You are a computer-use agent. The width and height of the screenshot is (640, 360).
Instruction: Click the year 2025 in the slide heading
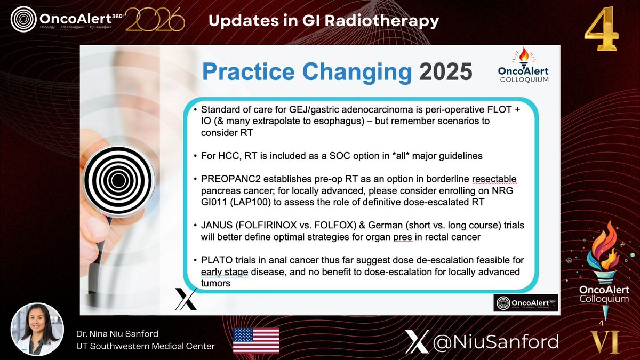point(445,71)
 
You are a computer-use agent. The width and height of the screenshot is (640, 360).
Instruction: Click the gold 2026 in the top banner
point(155,22)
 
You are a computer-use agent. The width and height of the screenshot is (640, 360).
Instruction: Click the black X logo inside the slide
point(186,299)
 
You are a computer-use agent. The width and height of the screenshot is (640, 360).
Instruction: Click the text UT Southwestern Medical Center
point(145,347)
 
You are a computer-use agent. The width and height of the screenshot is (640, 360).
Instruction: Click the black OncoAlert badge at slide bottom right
point(525,302)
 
